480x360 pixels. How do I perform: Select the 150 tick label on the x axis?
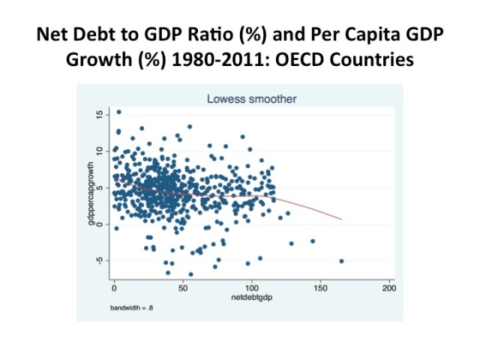(x=320, y=289)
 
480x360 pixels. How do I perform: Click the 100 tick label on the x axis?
(x=251, y=289)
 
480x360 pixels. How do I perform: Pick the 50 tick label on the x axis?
(x=182, y=289)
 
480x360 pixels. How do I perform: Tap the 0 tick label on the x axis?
(x=114, y=289)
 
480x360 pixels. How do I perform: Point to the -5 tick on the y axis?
(x=98, y=260)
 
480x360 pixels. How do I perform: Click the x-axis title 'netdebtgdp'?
(x=251, y=298)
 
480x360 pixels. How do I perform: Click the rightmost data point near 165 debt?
(x=341, y=261)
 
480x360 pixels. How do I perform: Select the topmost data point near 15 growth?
(x=118, y=112)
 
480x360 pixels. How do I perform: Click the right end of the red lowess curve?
(x=341, y=219)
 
